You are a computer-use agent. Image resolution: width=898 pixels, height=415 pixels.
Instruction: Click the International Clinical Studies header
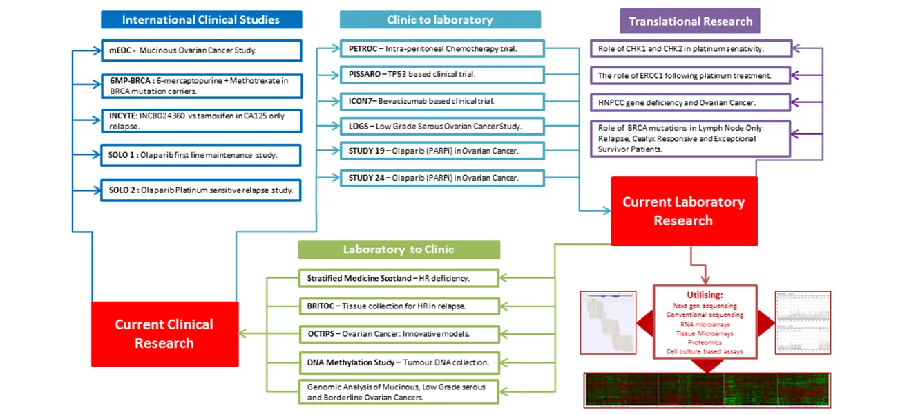coord(201,19)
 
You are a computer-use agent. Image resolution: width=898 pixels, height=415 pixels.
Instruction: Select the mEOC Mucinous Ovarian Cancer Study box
coord(201,50)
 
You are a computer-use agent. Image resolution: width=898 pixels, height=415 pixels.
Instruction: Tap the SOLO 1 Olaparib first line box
coord(201,155)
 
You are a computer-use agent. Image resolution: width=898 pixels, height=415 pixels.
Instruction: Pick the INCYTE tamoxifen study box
coord(201,120)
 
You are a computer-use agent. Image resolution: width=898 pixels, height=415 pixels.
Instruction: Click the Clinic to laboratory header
coord(439,19)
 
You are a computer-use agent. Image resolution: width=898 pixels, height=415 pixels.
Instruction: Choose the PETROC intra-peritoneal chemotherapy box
coord(441,48)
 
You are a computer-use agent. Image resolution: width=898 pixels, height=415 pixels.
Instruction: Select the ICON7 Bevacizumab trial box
coord(441,100)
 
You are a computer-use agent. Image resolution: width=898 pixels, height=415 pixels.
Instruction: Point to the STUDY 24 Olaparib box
coord(441,178)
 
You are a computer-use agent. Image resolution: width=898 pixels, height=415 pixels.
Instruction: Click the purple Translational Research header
coord(690,21)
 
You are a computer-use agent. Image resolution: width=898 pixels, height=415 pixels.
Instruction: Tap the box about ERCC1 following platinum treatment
coord(691,75)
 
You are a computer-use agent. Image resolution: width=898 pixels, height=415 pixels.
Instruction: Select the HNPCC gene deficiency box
coord(691,102)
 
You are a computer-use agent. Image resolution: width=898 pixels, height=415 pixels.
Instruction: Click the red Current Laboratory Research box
coord(684,211)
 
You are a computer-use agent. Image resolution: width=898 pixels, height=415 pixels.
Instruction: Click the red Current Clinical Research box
coord(164,333)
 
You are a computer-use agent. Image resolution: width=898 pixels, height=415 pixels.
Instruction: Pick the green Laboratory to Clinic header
coord(399,249)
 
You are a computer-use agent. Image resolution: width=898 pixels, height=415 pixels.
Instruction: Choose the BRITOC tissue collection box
coord(399,305)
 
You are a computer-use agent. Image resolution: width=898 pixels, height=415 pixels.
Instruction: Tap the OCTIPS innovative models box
coord(399,333)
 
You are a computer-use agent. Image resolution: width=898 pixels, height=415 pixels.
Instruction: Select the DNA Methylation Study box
coord(399,362)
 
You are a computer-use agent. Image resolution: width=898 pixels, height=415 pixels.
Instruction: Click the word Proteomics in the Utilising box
coord(705,342)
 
